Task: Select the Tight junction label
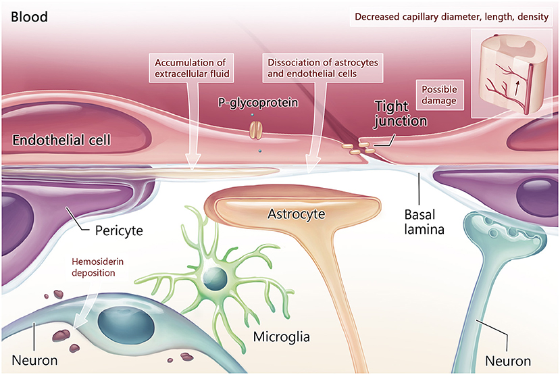[401, 114]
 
